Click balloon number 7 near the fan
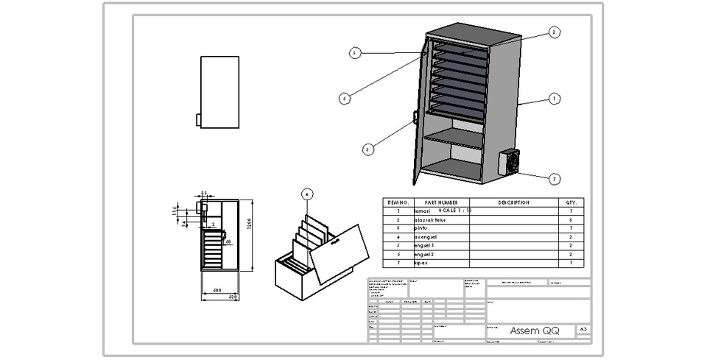click(x=555, y=179)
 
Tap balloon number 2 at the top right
click(x=555, y=32)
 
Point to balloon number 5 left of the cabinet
click(x=354, y=52)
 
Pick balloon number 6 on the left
click(x=344, y=98)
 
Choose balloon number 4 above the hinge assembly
click(x=308, y=194)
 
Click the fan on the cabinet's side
click(x=510, y=162)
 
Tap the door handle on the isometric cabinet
click(x=416, y=117)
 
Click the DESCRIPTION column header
click(x=513, y=202)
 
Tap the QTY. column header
click(x=571, y=202)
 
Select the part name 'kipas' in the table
click(x=422, y=263)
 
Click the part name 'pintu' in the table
click(x=422, y=228)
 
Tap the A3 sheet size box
click(x=583, y=330)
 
